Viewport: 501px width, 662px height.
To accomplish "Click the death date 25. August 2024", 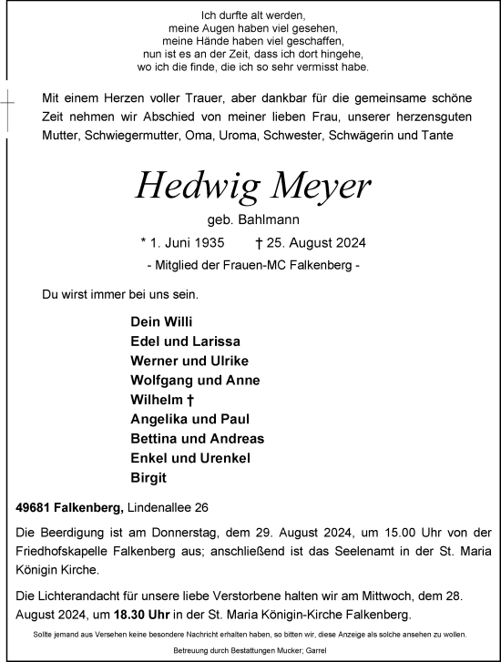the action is point(318,243).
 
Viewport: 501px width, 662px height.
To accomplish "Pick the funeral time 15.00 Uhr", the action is point(368,534).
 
